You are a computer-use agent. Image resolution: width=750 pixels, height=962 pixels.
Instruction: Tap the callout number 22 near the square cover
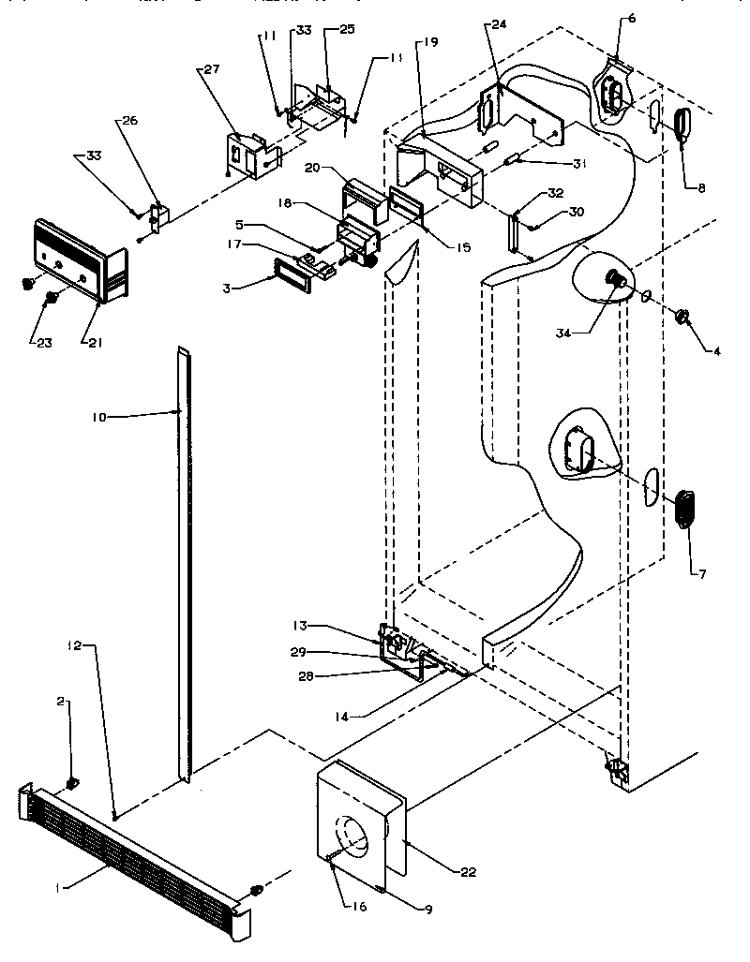click(468, 872)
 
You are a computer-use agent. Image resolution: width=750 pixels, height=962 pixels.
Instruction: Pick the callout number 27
click(207, 69)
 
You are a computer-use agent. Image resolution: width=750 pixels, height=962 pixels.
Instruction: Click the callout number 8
click(700, 186)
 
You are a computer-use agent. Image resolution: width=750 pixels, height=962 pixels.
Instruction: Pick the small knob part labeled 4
click(682, 318)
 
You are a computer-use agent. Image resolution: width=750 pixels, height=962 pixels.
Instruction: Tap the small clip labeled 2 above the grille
click(72, 783)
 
